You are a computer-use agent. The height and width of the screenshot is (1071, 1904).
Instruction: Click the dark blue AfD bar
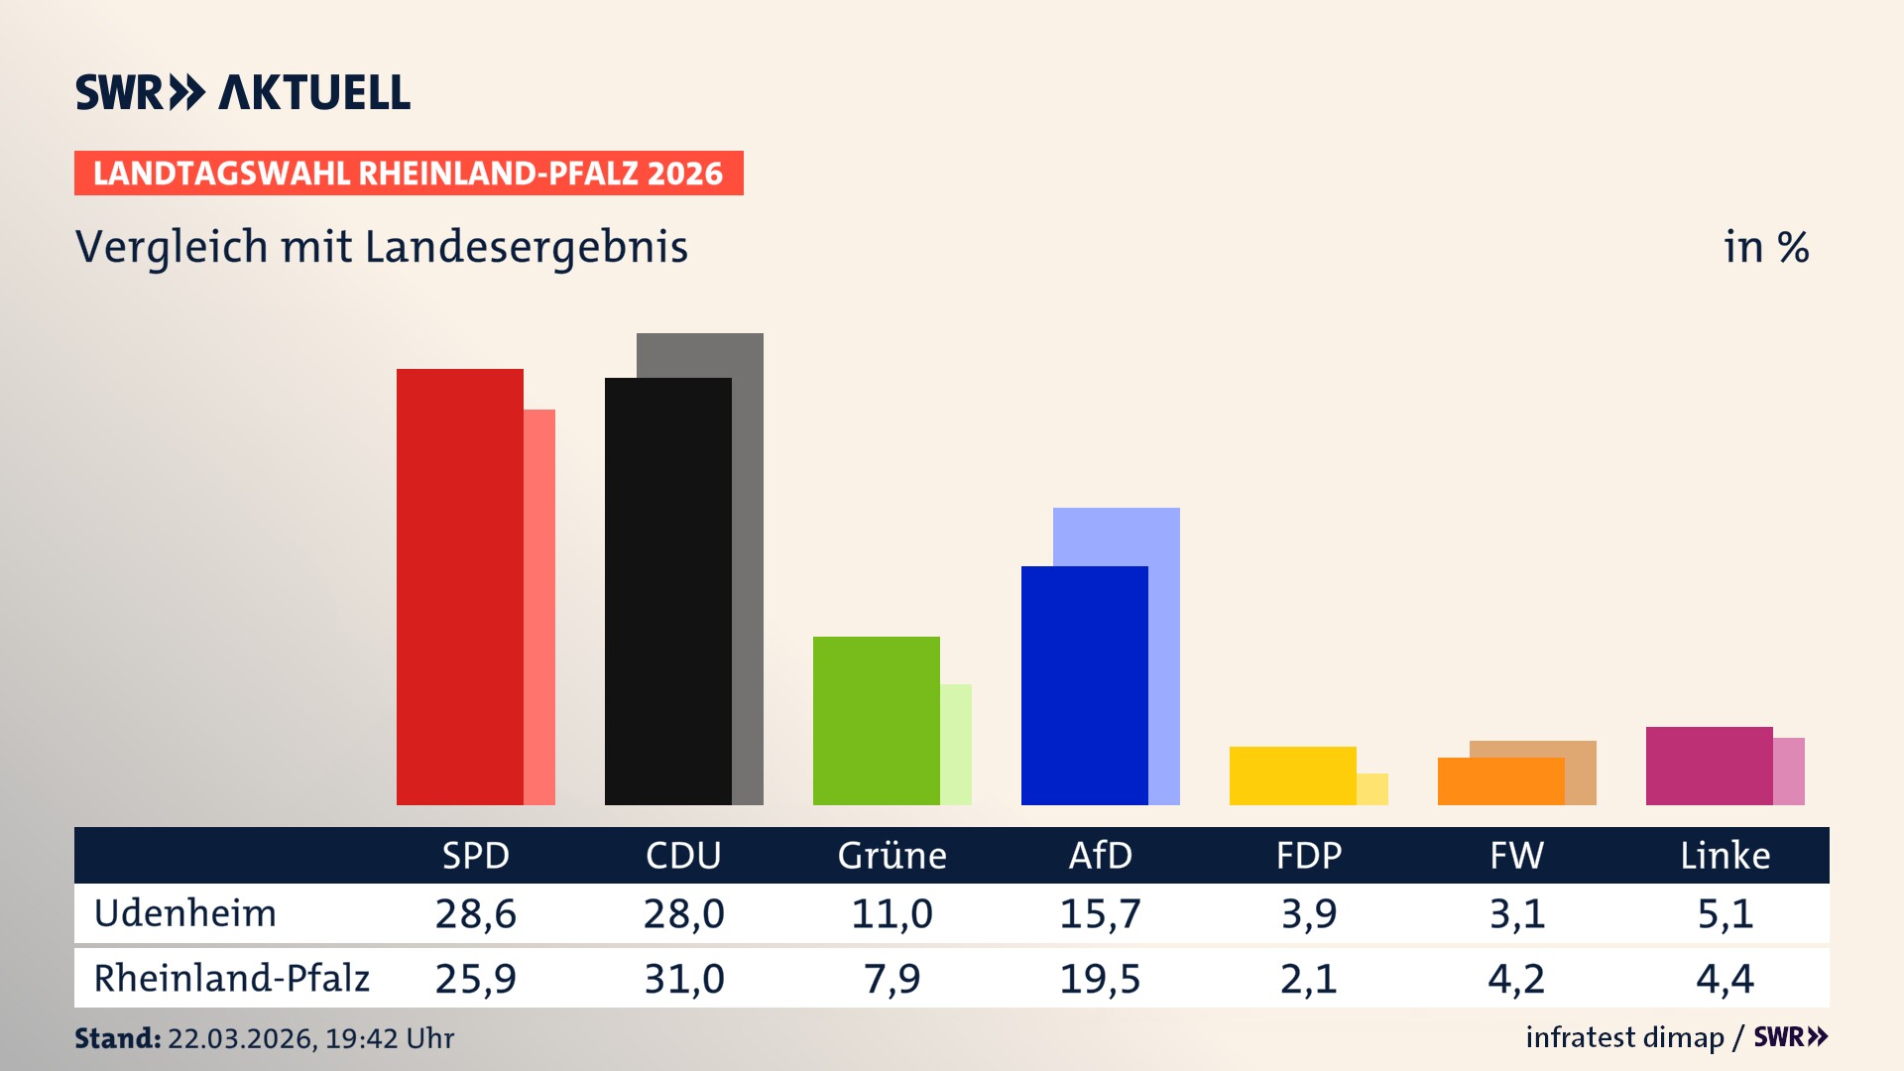pyautogui.click(x=1084, y=684)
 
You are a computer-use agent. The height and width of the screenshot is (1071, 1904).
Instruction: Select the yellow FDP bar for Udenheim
pyautogui.click(x=1292, y=775)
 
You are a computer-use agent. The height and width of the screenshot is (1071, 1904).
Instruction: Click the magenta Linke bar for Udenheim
pyautogui.click(x=1709, y=766)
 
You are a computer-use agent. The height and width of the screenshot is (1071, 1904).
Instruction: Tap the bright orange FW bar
pyautogui.click(x=1500, y=781)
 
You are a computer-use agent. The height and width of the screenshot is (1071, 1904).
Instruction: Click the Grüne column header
pyautogui.click(x=892, y=855)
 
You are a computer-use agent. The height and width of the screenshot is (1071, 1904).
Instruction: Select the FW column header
pyautogui.click(x=1516, y=855)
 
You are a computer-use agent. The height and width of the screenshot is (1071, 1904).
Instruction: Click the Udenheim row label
pyautogui.click(x=185, y=913)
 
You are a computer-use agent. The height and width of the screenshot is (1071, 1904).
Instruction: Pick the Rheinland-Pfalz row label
pyautogui.click(x=231, y=979)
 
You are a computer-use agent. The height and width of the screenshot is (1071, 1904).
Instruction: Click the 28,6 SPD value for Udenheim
pyautogui.click(x=475, y=913)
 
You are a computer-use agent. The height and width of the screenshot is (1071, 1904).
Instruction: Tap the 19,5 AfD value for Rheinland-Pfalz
pyautogui.click(x=1100, y=979)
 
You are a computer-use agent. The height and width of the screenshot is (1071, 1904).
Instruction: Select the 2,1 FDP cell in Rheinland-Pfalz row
pyautogui.click(x=1308, y=979)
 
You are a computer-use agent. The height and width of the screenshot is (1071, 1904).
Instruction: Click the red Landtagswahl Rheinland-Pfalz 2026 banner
pyautogui.click(x=409, y=174)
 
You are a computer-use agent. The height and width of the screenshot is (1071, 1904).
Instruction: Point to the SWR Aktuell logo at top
pyautogui.click(x=243, y=92)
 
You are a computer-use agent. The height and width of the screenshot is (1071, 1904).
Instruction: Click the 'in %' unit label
pyautogui.click(x=1765, y=248)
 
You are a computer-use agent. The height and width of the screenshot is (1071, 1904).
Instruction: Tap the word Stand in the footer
pyautogui.click(x=117, y=1038)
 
